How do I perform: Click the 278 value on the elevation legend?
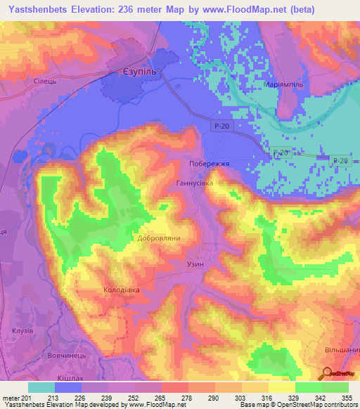(188, 397)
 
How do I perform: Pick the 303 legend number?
(241, 397)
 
